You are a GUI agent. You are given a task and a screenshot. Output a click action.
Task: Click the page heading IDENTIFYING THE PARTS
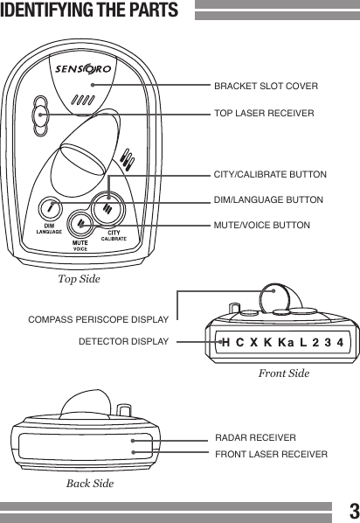(90, 11)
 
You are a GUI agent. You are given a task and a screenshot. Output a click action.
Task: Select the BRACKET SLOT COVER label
(266, 87)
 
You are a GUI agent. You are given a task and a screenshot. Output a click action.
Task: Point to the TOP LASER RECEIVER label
(263, 114)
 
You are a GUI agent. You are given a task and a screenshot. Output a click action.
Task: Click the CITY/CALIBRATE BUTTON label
(270, 175)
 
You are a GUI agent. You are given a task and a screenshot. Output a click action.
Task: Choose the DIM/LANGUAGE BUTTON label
(268, 200)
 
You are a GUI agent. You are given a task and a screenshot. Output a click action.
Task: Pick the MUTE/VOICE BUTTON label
(261, 226)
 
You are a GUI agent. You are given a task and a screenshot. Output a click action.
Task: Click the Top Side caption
(79, 279)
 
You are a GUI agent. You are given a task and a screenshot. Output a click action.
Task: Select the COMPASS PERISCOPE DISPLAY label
(98, 320)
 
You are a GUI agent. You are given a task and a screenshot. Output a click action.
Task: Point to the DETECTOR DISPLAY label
(123, 341)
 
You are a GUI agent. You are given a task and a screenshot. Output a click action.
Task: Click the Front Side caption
(283, 373)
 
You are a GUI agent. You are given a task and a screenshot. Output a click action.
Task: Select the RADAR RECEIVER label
(255, 437)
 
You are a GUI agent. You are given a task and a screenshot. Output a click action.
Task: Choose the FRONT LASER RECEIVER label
(271, 454)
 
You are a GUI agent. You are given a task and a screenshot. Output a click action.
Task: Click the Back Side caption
(90, 483)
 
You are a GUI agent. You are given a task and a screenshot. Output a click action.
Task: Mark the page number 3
(351, 511)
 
